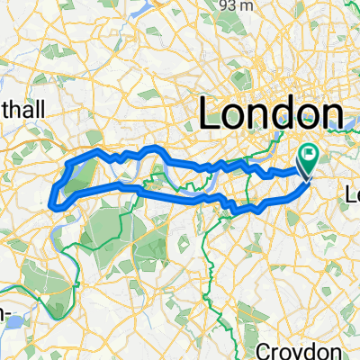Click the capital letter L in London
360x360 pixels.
tap(209, 114)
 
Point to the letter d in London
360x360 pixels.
tap(279, 114)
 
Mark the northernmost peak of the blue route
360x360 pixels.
tap(155, 147)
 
